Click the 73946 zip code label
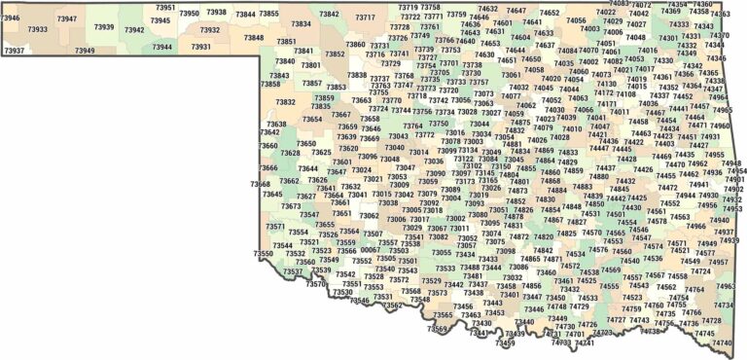[x=11, y=18]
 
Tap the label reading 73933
[x=38, y=29]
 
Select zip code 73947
[x=67, y=18]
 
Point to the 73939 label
[x=103, y=27]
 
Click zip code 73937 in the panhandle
[x=15, y=50]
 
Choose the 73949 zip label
[x=85, y=50]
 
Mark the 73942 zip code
[x=134, y=29]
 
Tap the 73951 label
[x=166, y=7]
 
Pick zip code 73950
[x=189, y=14]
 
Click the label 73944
[x=161, y=46]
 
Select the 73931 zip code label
[x=200, y=46]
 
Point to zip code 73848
[x=254, y=37]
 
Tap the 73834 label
[x=302, y=23]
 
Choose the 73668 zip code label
[x=261, y=183]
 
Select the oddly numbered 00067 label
[x=371, y=249]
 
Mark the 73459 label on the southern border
[x=505, y=343]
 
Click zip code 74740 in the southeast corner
[x=722, y=342]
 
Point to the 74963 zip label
[x=726, y=286]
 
